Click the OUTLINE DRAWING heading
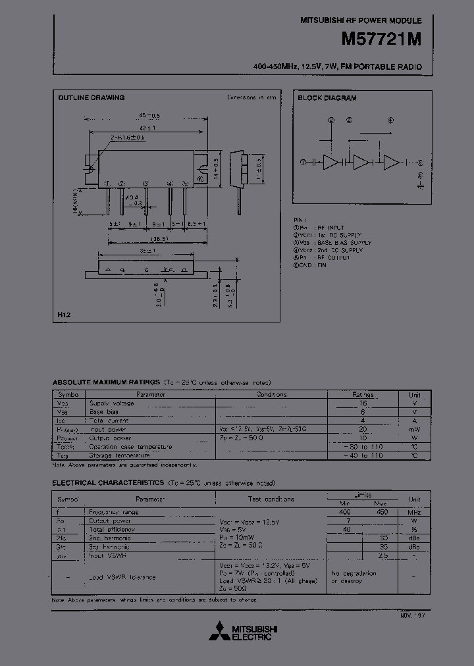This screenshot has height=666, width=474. [91, 98]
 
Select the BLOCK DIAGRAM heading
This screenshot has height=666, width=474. [327, 98]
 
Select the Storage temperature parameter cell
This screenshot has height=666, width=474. [120, 455]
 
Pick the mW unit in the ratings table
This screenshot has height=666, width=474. [415, 428]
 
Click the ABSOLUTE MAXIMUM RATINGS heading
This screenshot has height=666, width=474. [106, 382]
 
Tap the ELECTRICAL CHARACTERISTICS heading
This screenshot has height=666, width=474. [108, 483]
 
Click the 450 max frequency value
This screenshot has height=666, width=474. [381, 512]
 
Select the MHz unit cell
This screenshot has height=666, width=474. [414, 512]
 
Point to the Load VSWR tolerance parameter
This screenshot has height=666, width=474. [122, 577]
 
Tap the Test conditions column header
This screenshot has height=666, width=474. [271, 499]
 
